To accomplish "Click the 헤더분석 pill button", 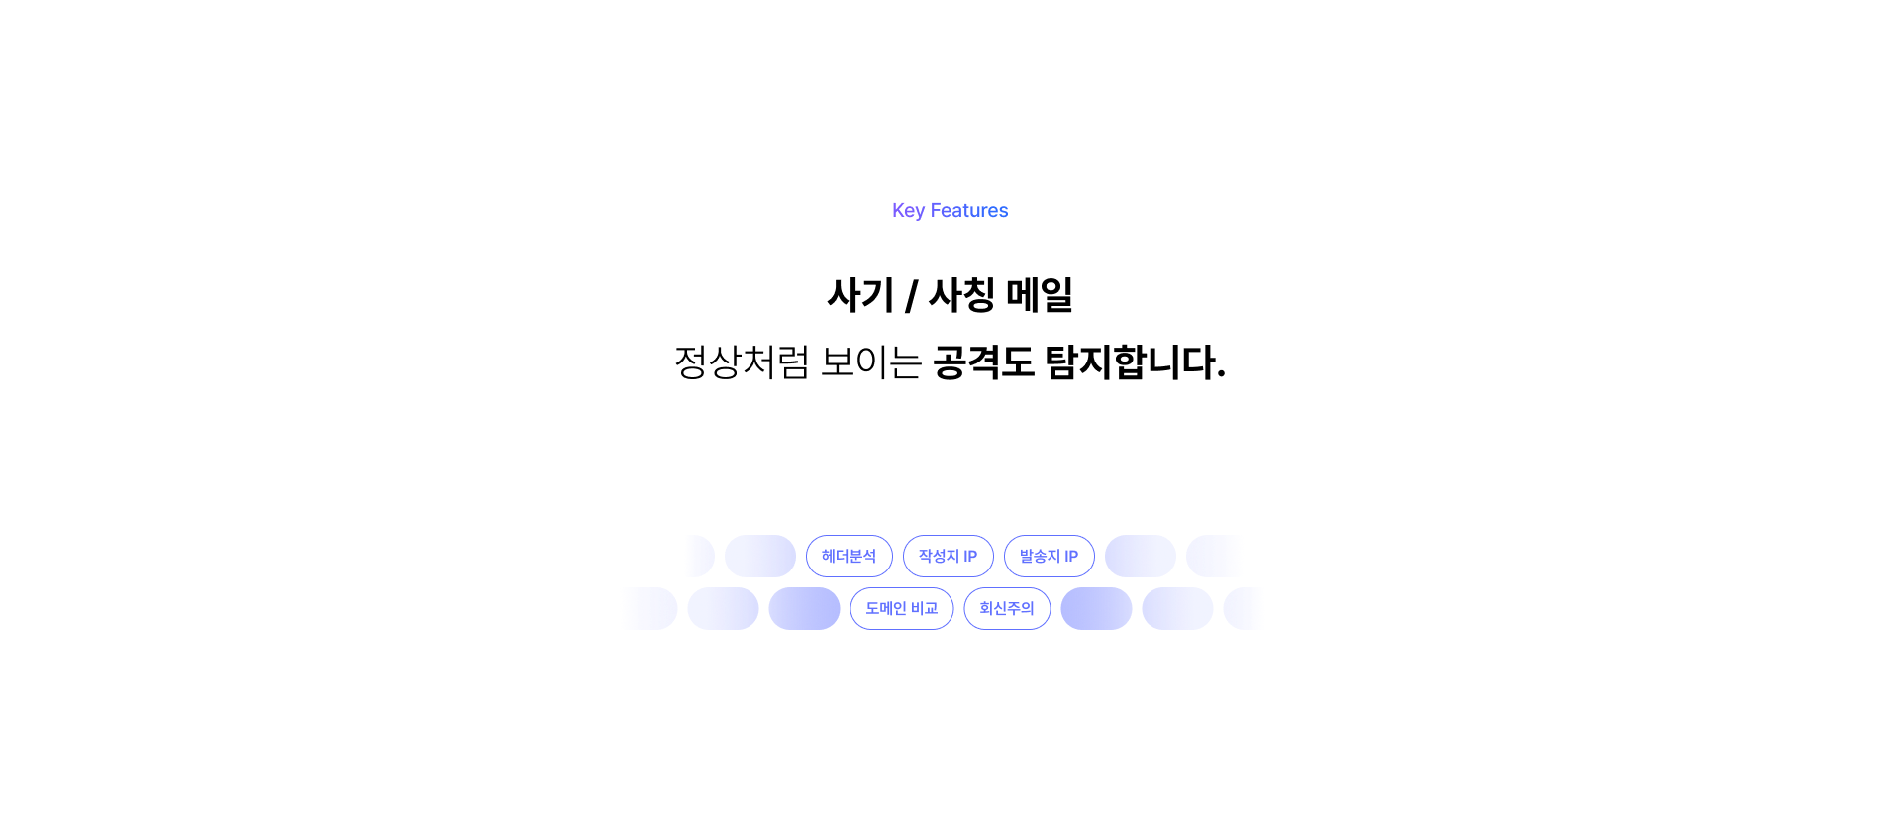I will click(849, 556).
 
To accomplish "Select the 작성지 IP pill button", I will click(948, 556).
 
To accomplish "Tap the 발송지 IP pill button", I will click(1049, 556).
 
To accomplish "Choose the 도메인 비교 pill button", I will click(901, 608).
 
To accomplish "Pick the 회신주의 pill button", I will click(1007, 608).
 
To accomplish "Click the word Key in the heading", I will click(908, 210).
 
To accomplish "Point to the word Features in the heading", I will click(969, 210).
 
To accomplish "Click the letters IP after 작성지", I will click(970, 556).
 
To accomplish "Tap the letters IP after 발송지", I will click(1071, 556).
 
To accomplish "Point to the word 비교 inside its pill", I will click(925, 608).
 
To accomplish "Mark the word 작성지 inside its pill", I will click(938, 556).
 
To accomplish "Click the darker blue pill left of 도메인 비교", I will click(804, 608).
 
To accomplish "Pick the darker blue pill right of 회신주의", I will click(1096, 608).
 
